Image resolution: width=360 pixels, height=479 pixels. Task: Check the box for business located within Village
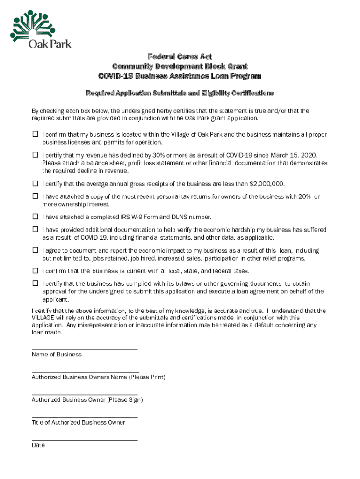point(35,134)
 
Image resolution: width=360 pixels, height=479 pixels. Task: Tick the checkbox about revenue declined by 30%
point(35,154)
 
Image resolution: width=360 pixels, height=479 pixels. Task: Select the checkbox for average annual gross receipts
point(35,183)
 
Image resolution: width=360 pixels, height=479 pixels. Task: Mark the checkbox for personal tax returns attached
point(35,196)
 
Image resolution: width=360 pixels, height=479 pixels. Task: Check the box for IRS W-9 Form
point(35,217)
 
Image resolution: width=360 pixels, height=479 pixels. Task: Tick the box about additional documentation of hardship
point(35,229)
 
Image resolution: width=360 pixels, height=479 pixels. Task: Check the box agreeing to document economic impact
point(35,250)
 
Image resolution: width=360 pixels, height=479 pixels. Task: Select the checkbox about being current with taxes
point(35,270)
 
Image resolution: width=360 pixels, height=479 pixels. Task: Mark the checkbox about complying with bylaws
point(35,283)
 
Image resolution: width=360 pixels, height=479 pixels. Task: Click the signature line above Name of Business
point(84,349)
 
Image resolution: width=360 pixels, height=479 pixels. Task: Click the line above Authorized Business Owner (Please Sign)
point(84,394)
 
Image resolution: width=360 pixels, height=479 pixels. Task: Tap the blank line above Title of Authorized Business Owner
point(84,417)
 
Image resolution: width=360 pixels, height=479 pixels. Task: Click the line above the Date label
point(84,440)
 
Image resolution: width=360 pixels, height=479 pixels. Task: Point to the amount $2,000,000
point(266,184)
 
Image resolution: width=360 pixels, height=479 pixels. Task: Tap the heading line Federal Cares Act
point(180,57)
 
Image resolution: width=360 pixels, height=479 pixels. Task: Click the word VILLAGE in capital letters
point(44,318)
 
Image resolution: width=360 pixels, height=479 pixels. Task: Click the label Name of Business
point(57,355)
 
